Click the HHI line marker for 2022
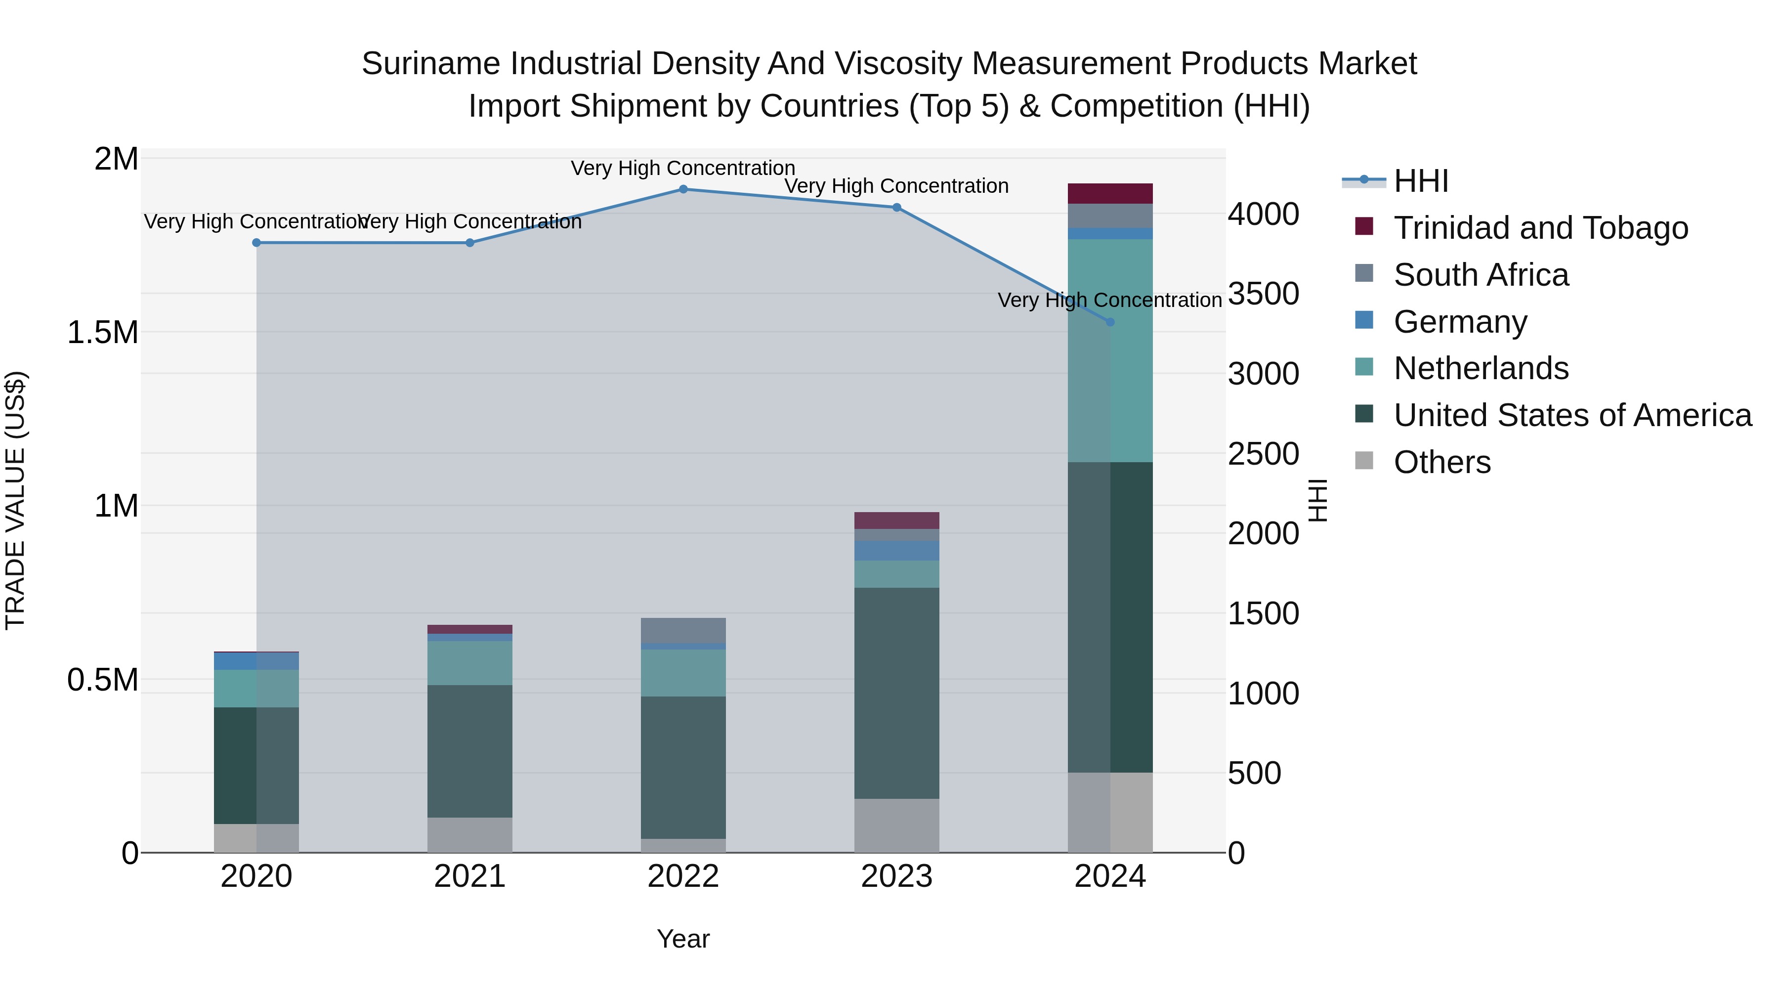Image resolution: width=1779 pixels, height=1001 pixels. (x=683, y=189)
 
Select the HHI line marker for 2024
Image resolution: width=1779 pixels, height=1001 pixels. (x=1110, y=322)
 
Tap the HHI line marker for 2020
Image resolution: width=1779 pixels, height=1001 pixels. (x=256, y=243)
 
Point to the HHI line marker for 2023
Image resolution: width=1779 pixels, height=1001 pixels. (x=896, y=207)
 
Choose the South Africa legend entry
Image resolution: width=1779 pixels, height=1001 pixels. (x=1481, y=275)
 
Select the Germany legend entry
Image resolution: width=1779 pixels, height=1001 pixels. (x=1460, y=322)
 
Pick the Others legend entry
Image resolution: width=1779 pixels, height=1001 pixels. (x=1442, y=462)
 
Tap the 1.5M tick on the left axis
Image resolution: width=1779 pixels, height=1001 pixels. (x=103, y=332)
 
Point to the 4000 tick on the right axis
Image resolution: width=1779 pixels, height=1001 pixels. (x=1263, y=214)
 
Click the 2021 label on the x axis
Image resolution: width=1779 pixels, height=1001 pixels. (x=469, y=876)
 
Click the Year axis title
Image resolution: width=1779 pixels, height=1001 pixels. (x=683, y=939)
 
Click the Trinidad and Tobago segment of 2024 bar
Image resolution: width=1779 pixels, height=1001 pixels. (x=1110, y=193)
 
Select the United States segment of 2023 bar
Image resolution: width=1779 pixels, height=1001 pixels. (x=896, y=693)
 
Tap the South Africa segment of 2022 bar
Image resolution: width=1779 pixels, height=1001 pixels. (x=683, y=630)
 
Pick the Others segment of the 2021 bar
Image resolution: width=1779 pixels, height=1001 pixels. (x=469, y=834)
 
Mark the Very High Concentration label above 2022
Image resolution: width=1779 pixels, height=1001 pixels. (x=683, y=168)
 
